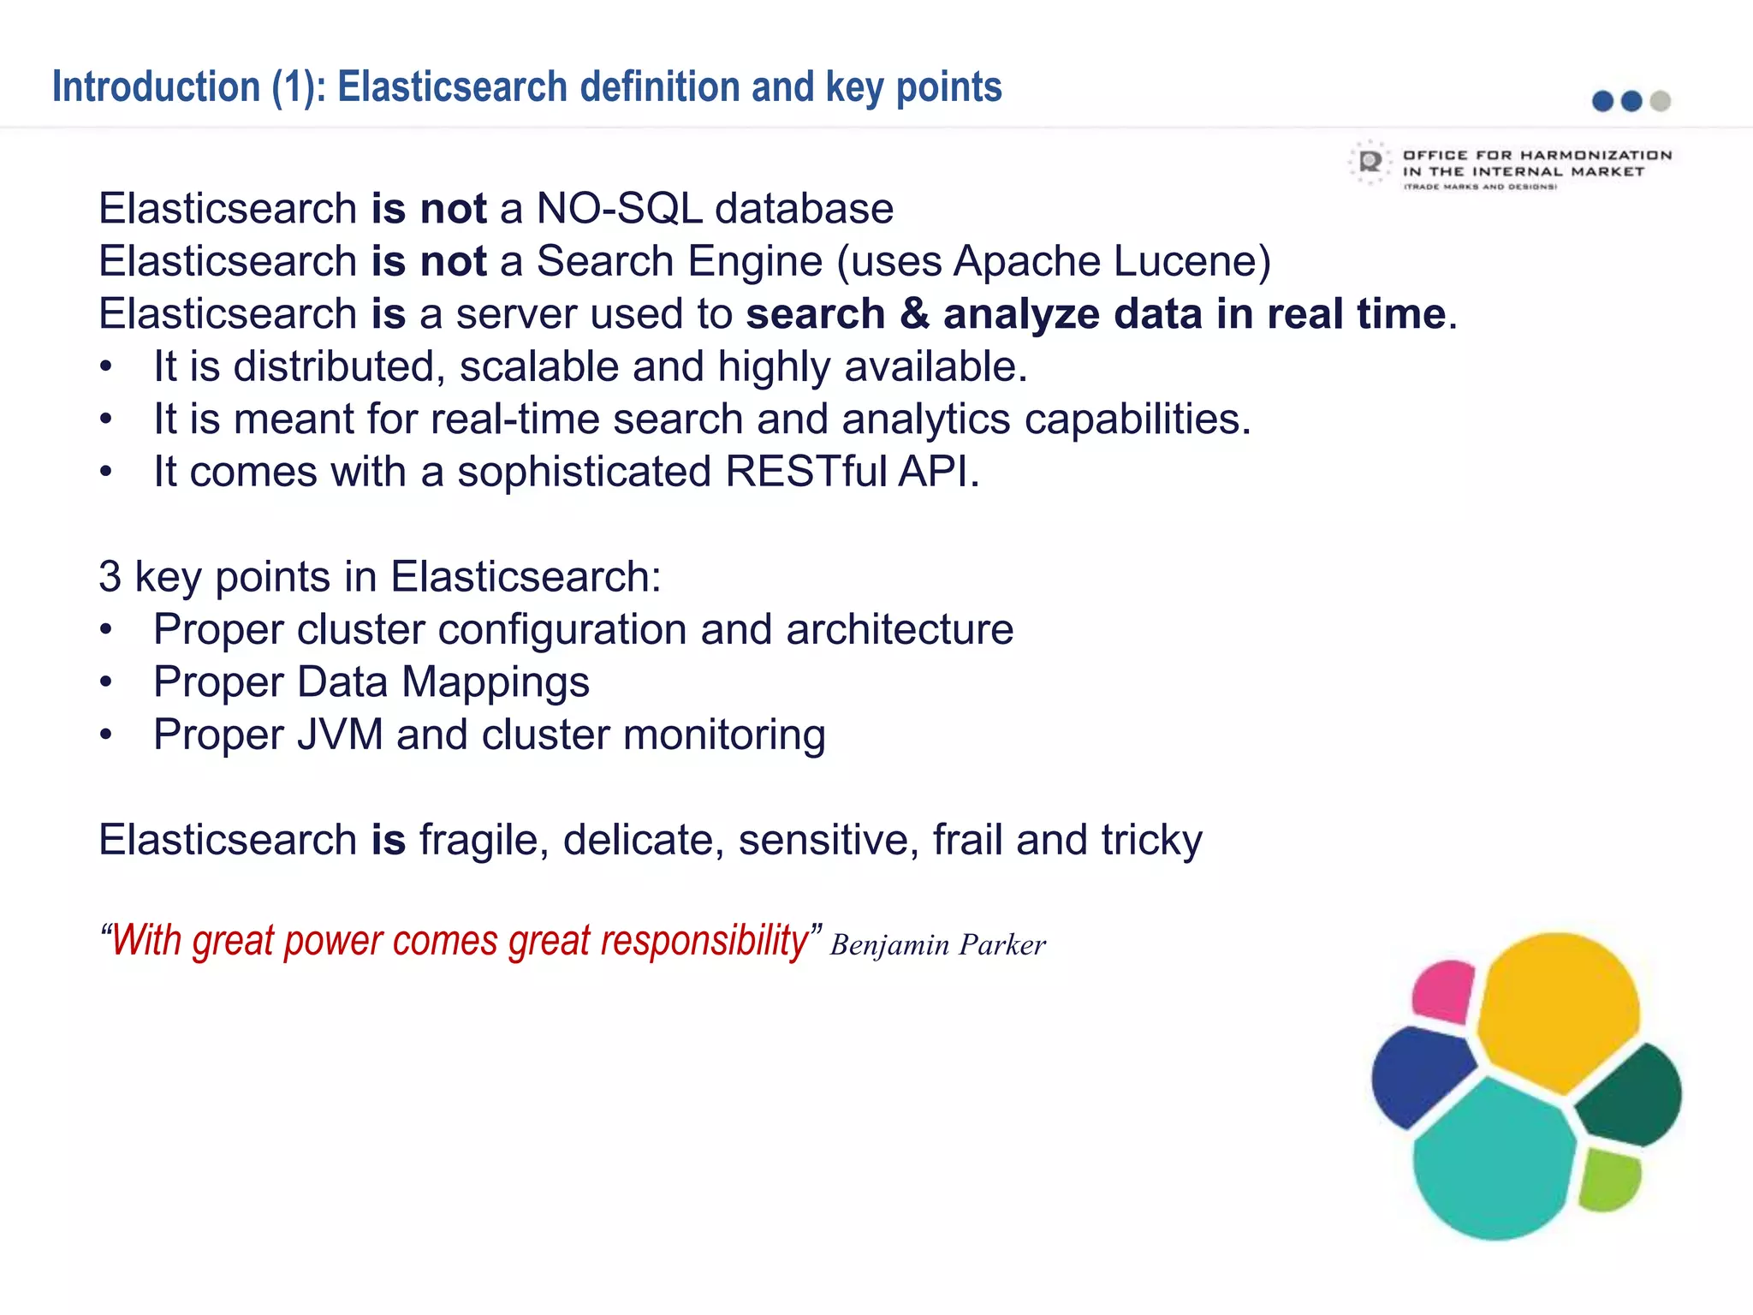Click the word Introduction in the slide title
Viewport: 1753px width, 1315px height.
pyautogui.click(x=156, y=87)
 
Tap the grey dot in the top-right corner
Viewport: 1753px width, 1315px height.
pyautogui.click(x=1661, y=101)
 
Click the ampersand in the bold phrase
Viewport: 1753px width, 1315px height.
pyautogui.click(x=914, y=314)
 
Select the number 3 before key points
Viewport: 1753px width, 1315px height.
pyautogui.click(x=110, y=577)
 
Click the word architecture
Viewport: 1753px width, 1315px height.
pyautogui.click(x=900, y=630)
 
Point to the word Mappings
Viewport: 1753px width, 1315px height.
pyautogui.click(x=496, y=682)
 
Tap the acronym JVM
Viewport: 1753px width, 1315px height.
pyautogui.click(x=340, y=735)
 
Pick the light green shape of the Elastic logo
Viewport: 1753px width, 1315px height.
pyautogui.click(x=1608, y=1180)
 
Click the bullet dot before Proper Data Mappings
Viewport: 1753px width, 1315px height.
pyautogui.click(x=105, y=682)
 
